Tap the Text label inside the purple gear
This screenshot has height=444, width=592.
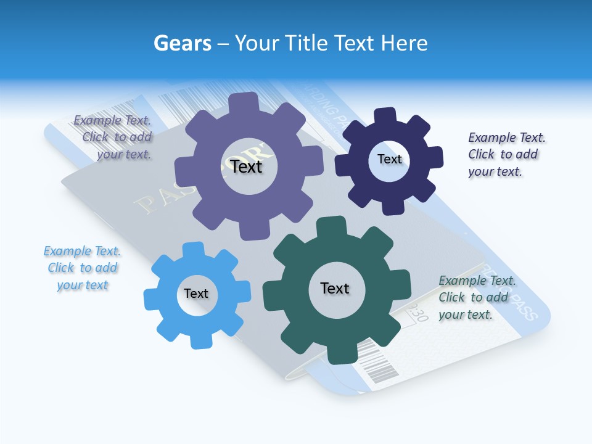click(246, 166)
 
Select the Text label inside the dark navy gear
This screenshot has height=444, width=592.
click(389, 159)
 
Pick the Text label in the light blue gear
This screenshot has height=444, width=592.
click(196, 294)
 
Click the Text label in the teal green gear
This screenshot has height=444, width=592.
click(335, 289)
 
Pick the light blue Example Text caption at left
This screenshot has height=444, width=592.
click(82, 268)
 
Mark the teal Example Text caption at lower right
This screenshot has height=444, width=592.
click(476, 298)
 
